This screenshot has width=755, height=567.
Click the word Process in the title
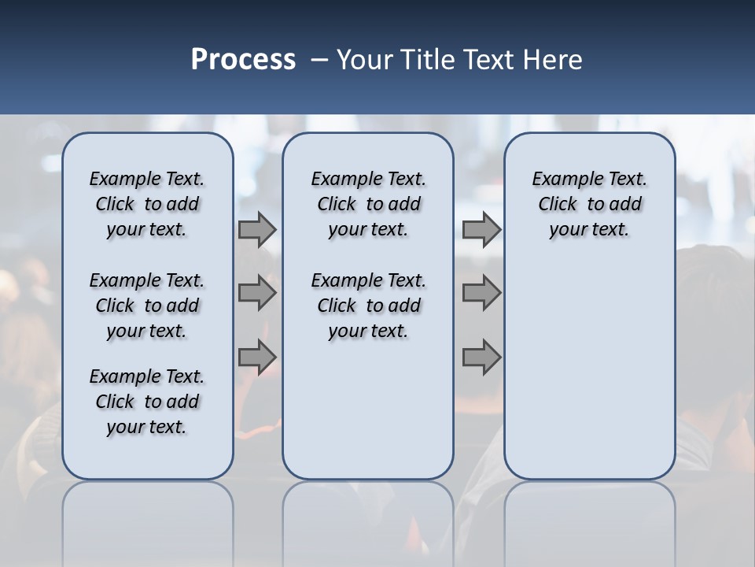coord(243,60)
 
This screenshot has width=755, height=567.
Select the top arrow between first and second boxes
coord(257,230)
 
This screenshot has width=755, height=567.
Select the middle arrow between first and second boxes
coord(257,293)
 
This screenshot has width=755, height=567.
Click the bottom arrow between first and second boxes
coord(257,357)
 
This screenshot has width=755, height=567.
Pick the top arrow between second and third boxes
coord(481,230)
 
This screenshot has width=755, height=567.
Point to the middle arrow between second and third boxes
coord(481,293)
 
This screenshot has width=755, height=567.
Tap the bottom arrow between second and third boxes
coord(481,357)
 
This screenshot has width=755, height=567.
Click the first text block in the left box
coord(147,204)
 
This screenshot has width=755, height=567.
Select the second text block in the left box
coord(147,306)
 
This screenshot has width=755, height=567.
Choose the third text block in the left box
coord(147,402)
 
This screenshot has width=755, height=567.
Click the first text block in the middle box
coord(368,204)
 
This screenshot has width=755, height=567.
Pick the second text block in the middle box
coord(368,306)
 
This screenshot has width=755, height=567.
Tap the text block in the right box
coord(589,204)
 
